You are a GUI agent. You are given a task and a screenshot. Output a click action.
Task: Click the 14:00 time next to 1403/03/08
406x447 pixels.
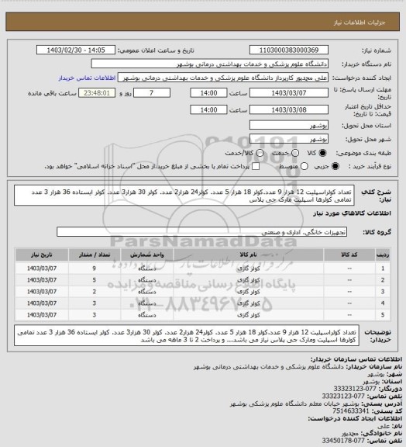tap(207, 109)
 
